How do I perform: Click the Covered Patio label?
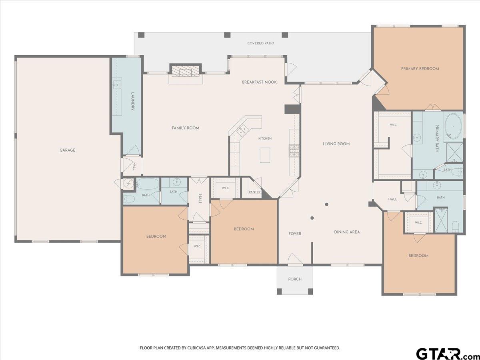click(261, 43)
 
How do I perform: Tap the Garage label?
click(67, 150)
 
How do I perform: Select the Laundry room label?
click(132, 102)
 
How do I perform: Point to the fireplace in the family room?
click(186, 71)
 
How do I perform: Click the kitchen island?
click(265, 155)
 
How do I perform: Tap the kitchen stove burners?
click(294, 151)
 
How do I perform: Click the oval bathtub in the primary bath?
click(453, 126)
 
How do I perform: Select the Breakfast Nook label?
click(259, 82)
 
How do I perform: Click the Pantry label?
click(255, 192)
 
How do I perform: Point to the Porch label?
click(295, 279)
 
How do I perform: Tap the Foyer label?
click(295, 234)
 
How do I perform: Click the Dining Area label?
click(347, 232)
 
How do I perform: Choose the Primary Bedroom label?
click(420, 69)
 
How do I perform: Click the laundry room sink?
click(117, 84)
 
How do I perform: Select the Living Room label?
click(336, 144)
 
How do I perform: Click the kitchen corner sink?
click(242, 130)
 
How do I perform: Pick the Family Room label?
click(186, 128)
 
